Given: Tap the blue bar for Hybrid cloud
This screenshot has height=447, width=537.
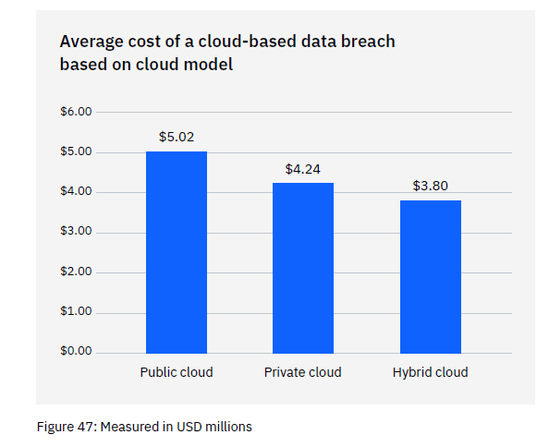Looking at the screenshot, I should click(430, 276).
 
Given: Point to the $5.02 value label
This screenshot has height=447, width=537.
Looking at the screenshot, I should click(177, 137).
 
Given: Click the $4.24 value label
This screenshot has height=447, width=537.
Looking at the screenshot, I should click(303, 169).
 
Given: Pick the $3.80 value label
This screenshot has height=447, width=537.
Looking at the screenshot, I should click(430, 186).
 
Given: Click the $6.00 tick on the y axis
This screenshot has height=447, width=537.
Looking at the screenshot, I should click(76, 112).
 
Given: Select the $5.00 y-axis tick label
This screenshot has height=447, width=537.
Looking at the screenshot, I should click(76, 151).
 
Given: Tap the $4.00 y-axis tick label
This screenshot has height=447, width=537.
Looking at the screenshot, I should click(76, 192).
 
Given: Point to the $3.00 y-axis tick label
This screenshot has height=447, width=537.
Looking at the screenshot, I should click(76, 232).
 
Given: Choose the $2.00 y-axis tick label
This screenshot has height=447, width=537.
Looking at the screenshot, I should click(76, 272).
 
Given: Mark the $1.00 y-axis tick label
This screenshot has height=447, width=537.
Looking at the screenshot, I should click(76, 311).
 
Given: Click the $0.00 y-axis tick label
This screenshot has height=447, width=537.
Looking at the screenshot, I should click(76, 352).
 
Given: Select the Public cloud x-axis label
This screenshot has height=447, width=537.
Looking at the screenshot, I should click(177, 372).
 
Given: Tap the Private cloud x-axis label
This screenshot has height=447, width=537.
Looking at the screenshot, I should click(303, 372).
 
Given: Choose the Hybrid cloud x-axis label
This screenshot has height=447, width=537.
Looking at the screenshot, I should click(430, 372).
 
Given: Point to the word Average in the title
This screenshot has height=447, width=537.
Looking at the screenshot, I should click(91, 42).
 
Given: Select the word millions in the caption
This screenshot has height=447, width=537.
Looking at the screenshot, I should click(227, 427).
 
